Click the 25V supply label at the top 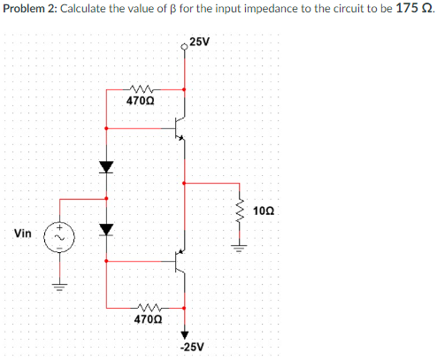point(200,42)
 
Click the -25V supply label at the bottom point(192,347)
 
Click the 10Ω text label point(264,211)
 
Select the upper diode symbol point(106,165)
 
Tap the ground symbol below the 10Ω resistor point(238,246)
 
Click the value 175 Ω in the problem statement point(412,9)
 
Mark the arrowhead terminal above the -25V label point(185,334)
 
